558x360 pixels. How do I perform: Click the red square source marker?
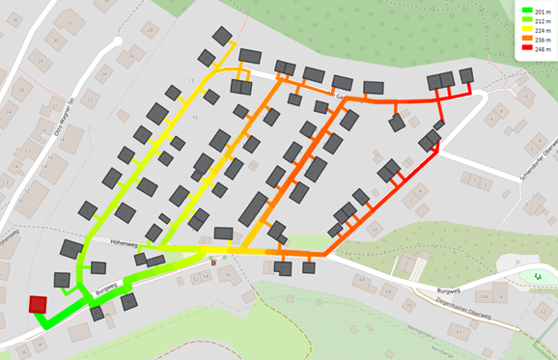click(x=38, y=305)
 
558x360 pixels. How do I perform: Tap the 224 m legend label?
click(x=541, y=30)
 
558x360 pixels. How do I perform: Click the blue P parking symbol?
click(x=518, y=263)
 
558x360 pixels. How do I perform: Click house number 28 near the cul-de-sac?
click(x=148, y=30)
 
